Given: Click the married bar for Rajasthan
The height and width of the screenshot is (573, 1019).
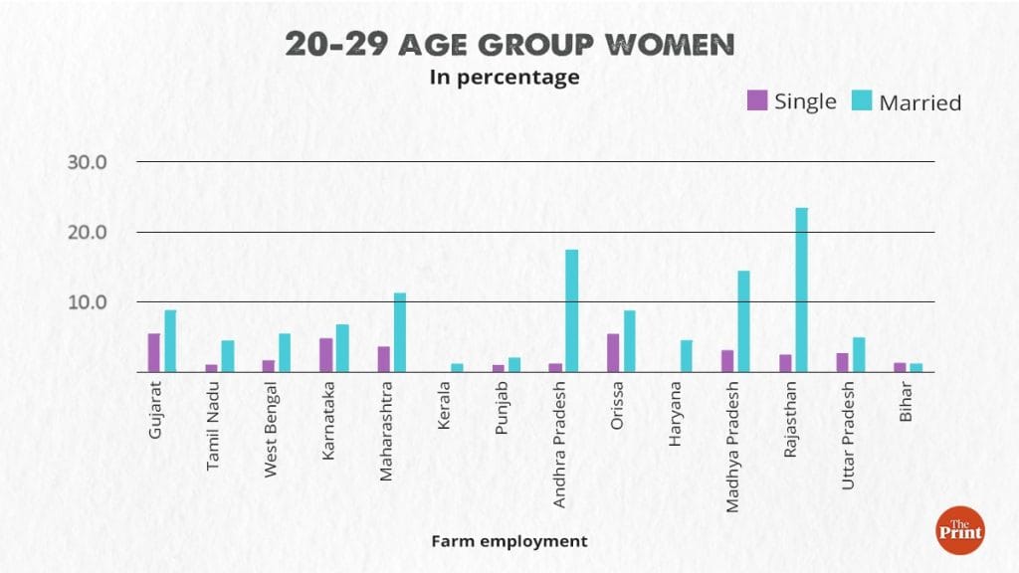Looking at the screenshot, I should pyautogui.click(x=801, y=289).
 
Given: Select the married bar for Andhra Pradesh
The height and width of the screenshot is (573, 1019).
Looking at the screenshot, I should pyautogui.click(x=571, y=310).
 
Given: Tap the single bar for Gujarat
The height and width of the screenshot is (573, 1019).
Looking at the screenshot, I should pyautogui.click(x=154, y=352).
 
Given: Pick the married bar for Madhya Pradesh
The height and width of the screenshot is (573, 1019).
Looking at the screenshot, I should pyautogui.click(x=743, y=321).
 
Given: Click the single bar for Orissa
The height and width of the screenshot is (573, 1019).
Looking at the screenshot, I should pyautogui.click(x=613, y=352).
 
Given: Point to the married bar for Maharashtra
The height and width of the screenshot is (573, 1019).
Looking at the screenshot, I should pyautogui.click(x=399, y=332).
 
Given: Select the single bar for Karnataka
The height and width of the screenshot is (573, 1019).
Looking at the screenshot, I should pyautogui.click(x=325, y=355).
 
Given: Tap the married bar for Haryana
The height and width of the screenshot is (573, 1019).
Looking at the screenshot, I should pyautogui.click(x=686, y=356).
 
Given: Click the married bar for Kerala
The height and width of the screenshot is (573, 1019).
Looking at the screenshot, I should pyautogui.click(x=457, y=367).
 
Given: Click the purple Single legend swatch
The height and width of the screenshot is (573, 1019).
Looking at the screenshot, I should pyautogui.click(x=757, y=99).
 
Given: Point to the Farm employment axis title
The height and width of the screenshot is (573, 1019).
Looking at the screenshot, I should pyautogui.click(x=509, y=541).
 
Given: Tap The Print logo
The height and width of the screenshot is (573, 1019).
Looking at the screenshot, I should pyautogui.click(x=959, y=530).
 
